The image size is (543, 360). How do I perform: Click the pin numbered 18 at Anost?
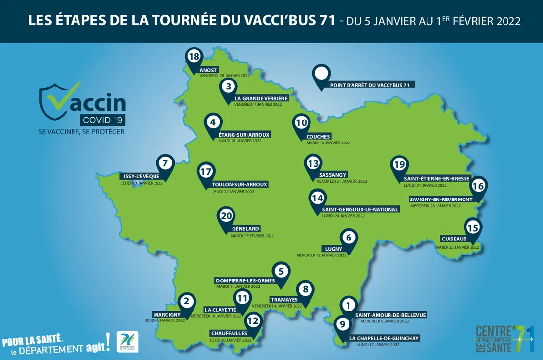click(194, 57)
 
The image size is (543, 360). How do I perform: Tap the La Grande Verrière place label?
click(261, 98)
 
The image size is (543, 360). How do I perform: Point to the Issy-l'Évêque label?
click(140, 176)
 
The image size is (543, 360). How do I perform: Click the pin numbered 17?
click(206, 172)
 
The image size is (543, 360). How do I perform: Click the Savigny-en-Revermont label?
click(441, 200)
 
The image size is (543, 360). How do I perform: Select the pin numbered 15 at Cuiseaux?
click(472, 228)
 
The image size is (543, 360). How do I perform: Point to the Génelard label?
click(245, 229)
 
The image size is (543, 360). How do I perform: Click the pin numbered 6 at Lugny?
click(349, 238)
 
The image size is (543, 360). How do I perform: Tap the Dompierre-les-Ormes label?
click(245, 280)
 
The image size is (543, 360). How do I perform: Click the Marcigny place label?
click(167, 314)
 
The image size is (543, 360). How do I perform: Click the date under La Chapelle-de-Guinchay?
click(378, 345)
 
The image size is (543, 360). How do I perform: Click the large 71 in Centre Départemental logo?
click(523, 338)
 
